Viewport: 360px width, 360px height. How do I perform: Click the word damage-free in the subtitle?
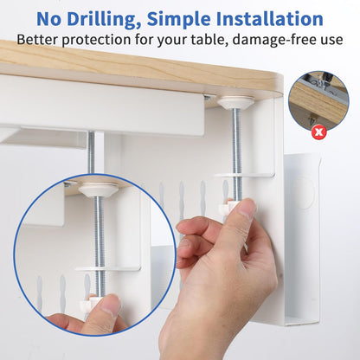point(276,39)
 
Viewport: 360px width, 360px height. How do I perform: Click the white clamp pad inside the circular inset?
point(97,189)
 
